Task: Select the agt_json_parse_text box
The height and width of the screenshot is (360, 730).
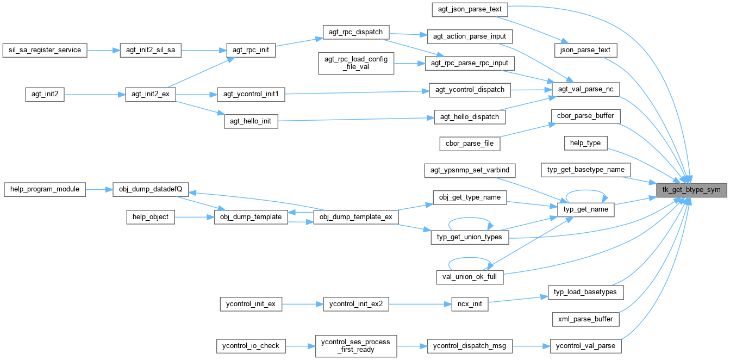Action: pos(470,9)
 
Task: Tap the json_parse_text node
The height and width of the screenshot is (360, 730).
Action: pos(585,50)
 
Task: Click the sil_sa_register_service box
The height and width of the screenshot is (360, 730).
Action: pos(45,50)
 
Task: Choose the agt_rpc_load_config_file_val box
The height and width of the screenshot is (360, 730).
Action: pos(356,64)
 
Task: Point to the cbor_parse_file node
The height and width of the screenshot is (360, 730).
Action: pos(470,143)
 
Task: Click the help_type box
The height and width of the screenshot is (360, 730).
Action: pos(585,143)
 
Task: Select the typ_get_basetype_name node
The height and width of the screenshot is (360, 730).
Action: pos(586,170)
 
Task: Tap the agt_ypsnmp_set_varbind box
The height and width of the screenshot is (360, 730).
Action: pos(470,170)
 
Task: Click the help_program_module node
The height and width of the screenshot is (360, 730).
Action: pos(45,190)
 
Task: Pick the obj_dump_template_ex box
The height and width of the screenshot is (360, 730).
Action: pos(356,217)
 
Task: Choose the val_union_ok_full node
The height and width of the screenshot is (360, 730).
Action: pos(470,277)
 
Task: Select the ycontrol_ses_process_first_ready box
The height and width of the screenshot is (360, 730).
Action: pos(356,345)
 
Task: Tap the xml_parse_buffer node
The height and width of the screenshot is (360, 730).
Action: pos(585,319)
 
